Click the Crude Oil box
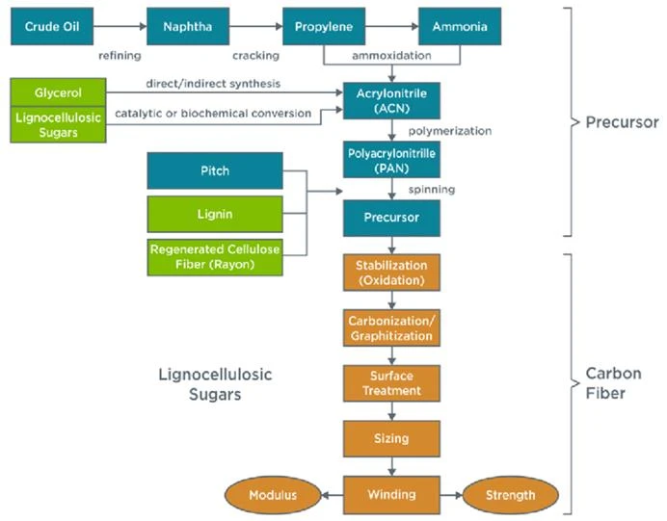pos(52,26)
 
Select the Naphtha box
pos(188,26)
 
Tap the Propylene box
pos(324,26)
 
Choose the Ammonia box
pos(460,26)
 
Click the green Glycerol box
pos(58,92)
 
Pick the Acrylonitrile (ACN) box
pos(391,101)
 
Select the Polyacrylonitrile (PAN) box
pos(391,160)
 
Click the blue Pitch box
pos(215,170)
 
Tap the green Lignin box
pos(215,214)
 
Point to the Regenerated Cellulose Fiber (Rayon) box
pos(215,257)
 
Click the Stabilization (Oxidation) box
pos(391,273)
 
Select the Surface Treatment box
pos(391,383)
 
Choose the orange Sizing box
pos(391,439)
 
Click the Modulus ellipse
pos(273,495)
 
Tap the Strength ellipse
pos(511,495)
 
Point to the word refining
pos(120,56)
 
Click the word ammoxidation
pos(391,56)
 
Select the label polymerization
pos(450,131)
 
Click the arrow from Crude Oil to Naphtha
pos(120,26)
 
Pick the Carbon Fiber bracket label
pos(613,383)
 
